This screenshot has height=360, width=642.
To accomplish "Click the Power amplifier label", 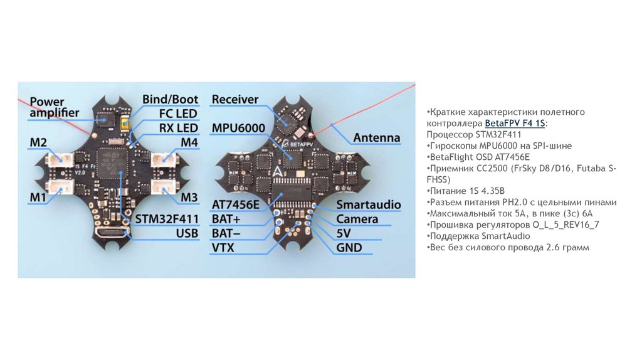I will pos(55,107).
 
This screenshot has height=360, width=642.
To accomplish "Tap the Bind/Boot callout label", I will pos(170,99).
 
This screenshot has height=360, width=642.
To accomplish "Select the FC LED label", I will pos(177,114).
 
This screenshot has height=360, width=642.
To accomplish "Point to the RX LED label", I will pos(177,128).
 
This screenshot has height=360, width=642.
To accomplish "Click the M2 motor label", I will pos(38,143).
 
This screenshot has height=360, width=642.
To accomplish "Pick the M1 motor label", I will pos(38,198).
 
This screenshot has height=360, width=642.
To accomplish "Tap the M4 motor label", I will pos(189,143).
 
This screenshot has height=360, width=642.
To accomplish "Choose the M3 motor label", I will pos(189,198).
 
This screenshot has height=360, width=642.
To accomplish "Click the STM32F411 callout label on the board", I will pos(167,219).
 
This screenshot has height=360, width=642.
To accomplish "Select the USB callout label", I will pos(187,233).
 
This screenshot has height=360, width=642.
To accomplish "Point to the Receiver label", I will pos(235,99).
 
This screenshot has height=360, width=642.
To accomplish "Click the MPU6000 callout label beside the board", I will pos(238,128).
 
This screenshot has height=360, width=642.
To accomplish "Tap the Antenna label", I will pos(376,137).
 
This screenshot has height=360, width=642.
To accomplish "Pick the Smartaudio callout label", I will pos(366,204).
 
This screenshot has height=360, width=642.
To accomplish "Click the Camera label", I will pos(357,219).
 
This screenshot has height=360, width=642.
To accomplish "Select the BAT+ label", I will pos(226,219).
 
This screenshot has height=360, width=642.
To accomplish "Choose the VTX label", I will pos(223,248).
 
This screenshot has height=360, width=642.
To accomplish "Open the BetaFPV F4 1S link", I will pos(515,123).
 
